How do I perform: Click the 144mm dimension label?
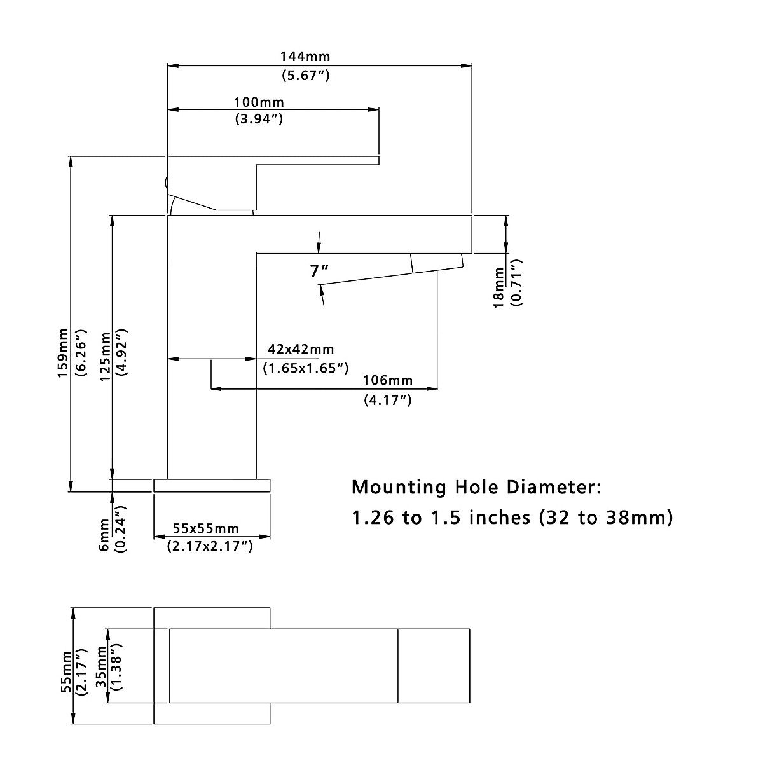pos(305,57)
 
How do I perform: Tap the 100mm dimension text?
pos(259,102)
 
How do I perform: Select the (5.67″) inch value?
pos(306,75)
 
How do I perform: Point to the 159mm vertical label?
pos(64,353)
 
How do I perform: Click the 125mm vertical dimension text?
pos(106,357)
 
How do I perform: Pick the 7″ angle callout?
pos(319,272)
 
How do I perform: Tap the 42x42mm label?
pos(301,349)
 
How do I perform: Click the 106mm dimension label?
pos(388,380)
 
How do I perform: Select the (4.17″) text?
pos(388,401)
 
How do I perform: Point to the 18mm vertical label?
pos(499,288)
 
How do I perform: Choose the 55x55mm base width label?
pos(205,528)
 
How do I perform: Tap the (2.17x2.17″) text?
pos(210,546)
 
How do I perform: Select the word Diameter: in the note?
pos(554,486)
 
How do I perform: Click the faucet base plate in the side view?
pos(212,486)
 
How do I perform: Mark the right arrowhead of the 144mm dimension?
pos(467,65)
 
